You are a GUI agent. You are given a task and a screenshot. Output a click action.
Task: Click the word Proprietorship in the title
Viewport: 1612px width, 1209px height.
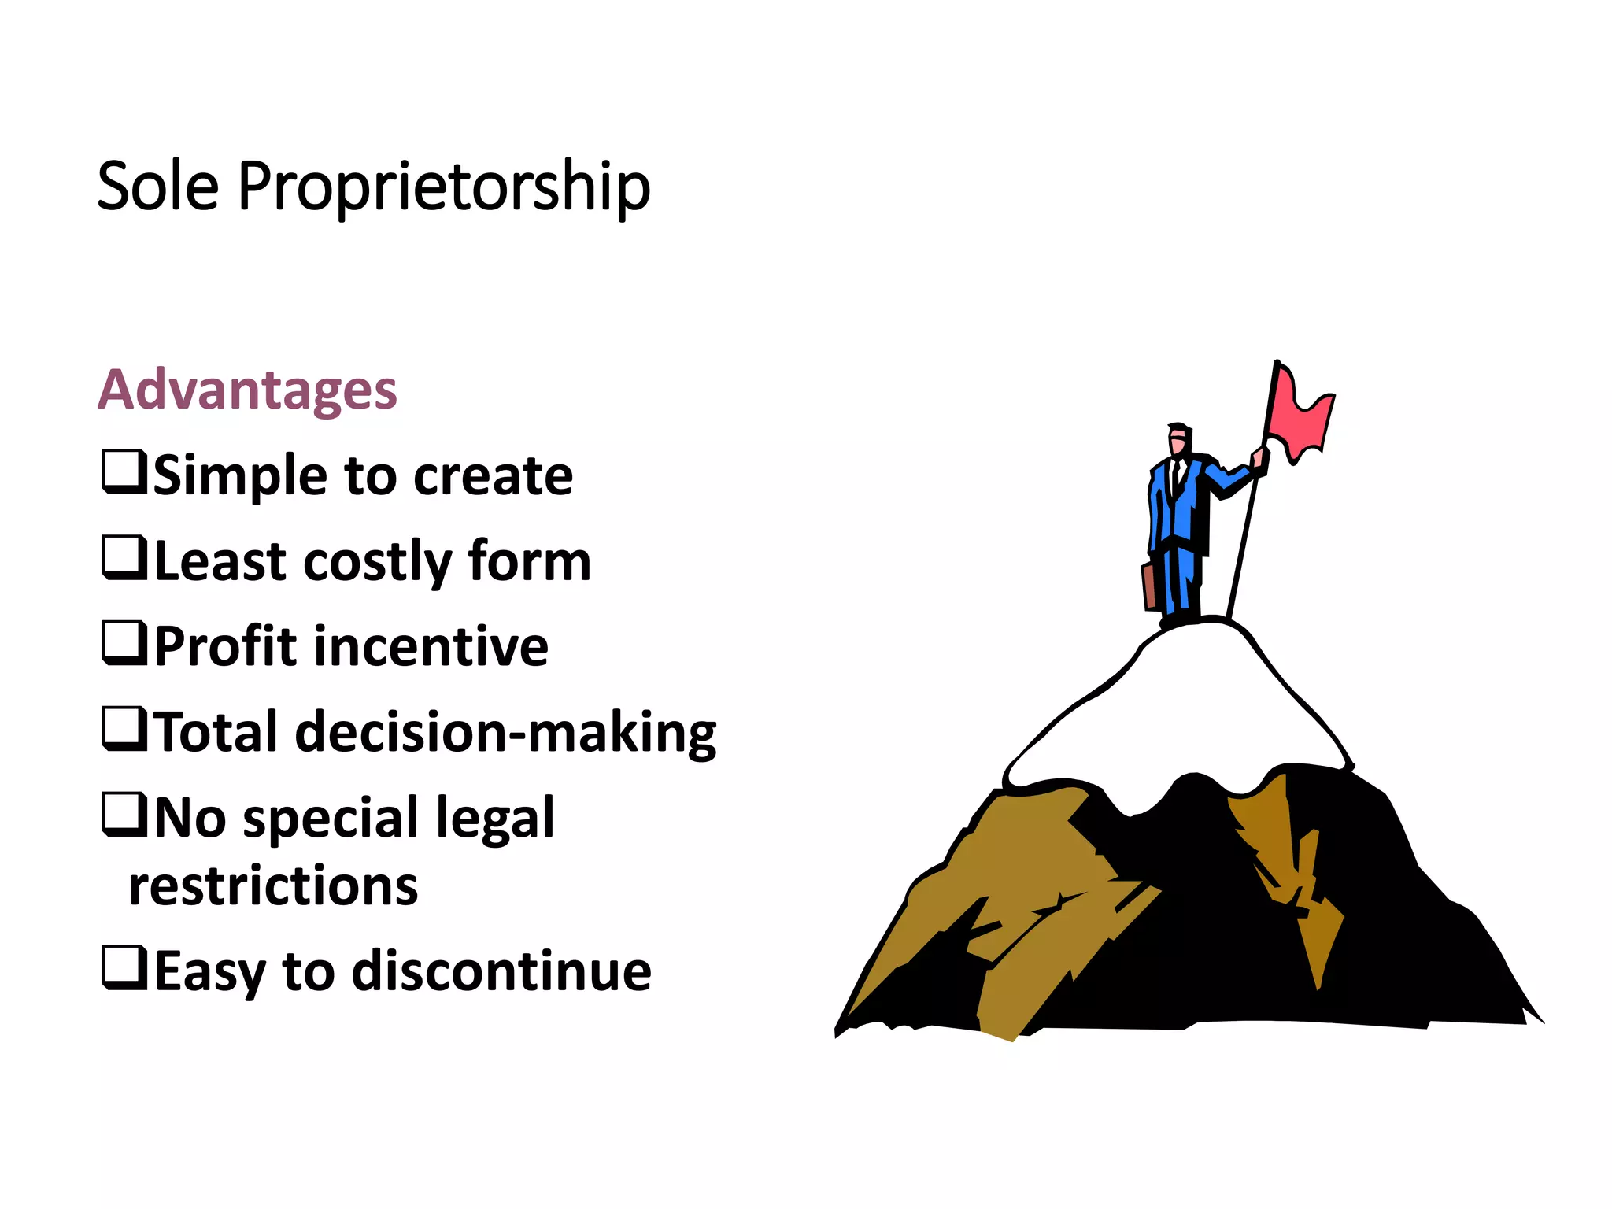click(443, 187)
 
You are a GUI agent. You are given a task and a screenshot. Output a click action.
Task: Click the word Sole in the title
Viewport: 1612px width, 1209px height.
click(157, 187)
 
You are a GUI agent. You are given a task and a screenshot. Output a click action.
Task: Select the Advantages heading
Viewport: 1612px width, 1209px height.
click(247, 390)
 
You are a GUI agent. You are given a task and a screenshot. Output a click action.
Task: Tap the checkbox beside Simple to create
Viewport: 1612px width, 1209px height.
click(124, 471)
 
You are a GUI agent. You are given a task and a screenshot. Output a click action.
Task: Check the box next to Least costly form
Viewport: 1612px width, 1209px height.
click(124, 557)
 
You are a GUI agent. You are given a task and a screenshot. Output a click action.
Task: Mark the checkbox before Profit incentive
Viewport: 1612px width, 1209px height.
click(124, 643)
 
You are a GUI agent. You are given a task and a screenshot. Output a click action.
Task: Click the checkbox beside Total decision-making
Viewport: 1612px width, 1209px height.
click(124, 729)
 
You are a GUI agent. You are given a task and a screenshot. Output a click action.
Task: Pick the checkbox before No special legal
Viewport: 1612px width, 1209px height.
click(124, 815)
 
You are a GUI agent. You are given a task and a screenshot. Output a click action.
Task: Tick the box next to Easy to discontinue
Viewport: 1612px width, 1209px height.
click(124, 967)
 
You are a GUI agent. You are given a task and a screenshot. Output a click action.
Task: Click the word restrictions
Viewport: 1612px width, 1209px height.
click(273, 887)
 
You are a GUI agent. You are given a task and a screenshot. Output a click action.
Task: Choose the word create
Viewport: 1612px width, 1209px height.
click(493, 477)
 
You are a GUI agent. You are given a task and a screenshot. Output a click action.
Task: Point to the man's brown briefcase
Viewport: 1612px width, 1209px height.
click(1150, 586)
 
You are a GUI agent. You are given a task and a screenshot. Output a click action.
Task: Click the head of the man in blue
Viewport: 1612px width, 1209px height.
click(1178, 438)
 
